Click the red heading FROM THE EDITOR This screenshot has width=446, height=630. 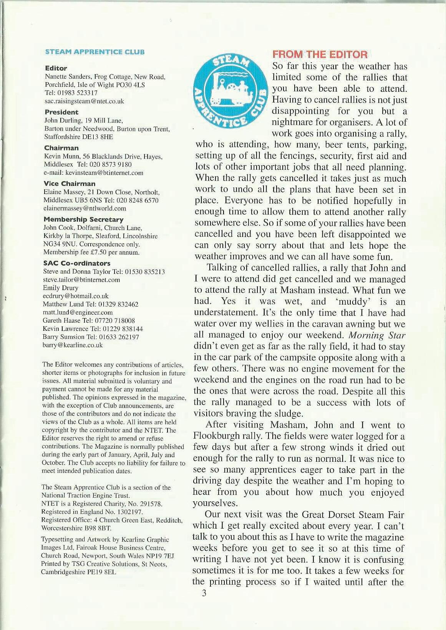(320, 55)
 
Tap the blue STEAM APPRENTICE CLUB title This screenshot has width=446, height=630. (95, 51)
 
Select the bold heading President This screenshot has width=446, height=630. (61, 112)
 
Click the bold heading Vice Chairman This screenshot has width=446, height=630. (70, 184)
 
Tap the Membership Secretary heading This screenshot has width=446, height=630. (83, 219)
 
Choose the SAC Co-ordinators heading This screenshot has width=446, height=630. (77, 263)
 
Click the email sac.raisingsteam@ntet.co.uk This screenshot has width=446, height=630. (85, 101)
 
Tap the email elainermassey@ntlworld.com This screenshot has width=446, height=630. (85, 208)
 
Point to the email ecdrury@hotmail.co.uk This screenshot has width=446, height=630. (76, 296)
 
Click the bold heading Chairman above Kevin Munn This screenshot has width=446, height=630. (61, 148)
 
